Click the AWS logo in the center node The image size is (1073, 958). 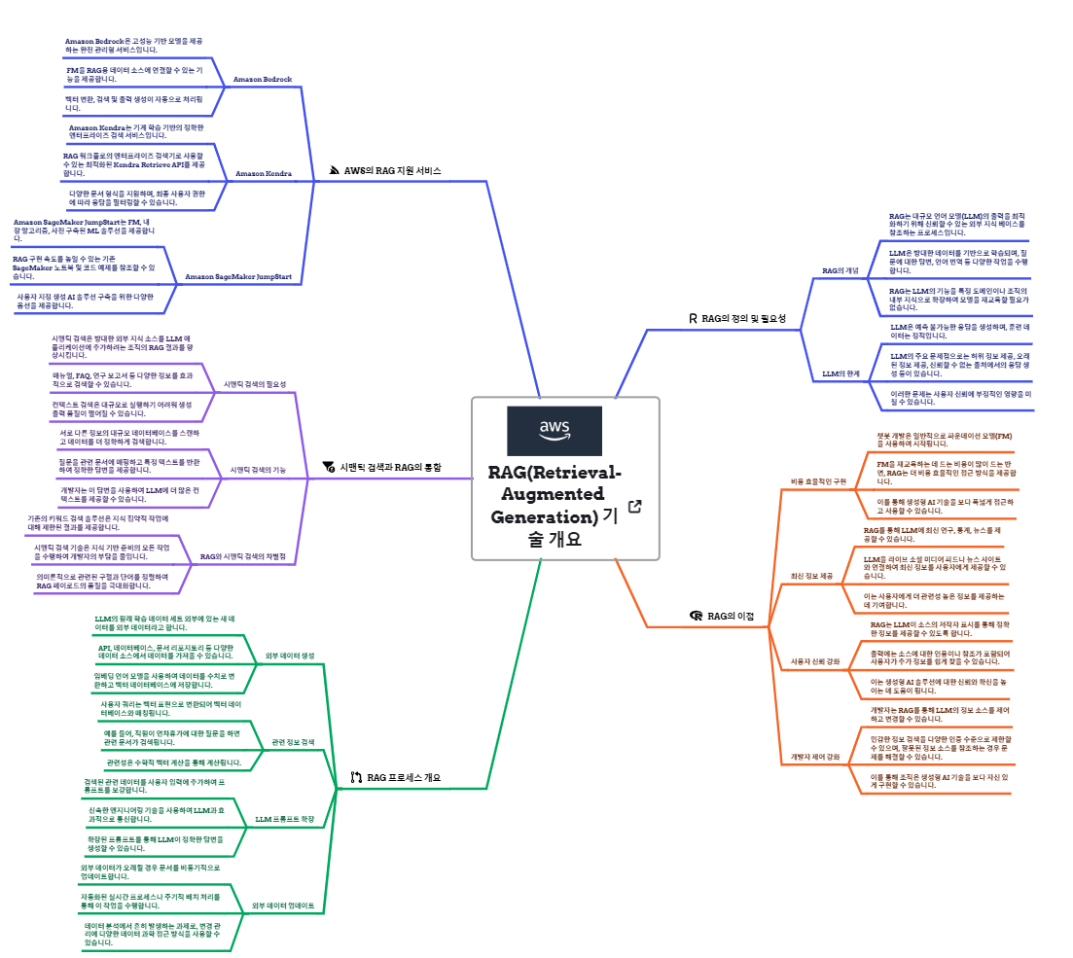tap(554, 431)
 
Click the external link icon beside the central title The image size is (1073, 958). tap(635, 506)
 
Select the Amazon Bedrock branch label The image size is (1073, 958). tap(263, 79)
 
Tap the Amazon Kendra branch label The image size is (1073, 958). tap(264, 173)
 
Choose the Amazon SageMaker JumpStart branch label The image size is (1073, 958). tap(238, 277)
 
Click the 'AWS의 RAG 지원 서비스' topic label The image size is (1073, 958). tap(392, 170)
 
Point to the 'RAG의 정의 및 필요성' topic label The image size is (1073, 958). tap(743, 318)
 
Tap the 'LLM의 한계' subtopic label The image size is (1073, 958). tap(841, 373)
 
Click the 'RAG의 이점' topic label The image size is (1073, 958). tap(730, 616)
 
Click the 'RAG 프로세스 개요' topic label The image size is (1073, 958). tap(404, 777)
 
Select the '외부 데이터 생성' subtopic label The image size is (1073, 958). tap(290, 656)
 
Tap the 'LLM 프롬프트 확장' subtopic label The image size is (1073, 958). tap(285, 819)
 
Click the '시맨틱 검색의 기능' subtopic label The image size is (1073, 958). tap(258, 470)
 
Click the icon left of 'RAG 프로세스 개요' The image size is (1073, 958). tap(356, 777)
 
